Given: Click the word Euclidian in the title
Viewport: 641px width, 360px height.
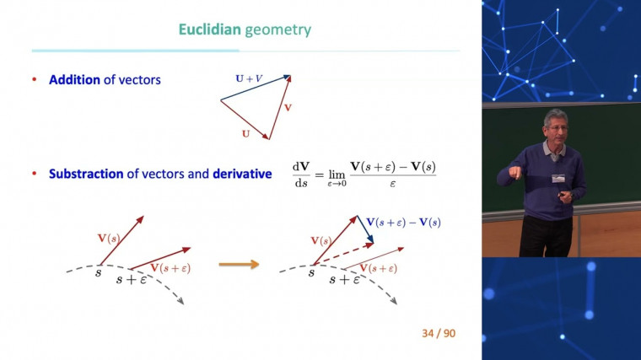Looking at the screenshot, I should [x=209, y=30].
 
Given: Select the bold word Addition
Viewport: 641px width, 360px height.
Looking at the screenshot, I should [x=74, y=80].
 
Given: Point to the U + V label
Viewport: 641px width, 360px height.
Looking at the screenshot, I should [x=248, y=78].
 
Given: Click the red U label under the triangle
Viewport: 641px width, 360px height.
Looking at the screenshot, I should [x=245, y=133].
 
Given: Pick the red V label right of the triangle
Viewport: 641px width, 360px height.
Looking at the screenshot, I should [x=288, y=108].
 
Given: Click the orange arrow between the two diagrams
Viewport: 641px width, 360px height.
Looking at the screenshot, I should [x=239, y=265].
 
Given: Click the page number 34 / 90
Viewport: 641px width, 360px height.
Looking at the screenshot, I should [x=439, y=333].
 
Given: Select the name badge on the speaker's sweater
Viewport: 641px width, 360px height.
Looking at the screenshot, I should [x=558, y=180].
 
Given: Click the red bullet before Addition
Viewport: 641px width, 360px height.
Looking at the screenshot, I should [x=35, y=80].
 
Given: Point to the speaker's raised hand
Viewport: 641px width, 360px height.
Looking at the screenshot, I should [x=511, y=173].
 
